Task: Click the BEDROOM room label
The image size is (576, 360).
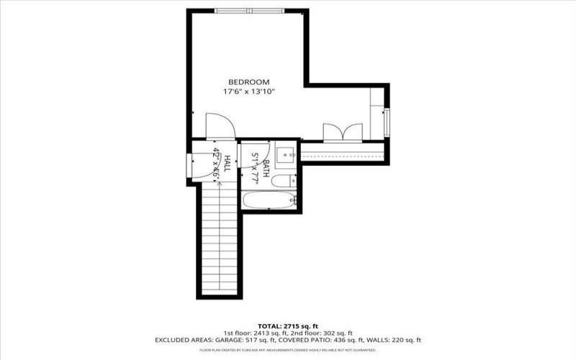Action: pos(248,82)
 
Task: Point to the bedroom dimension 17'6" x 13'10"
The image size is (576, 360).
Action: pos(248,91)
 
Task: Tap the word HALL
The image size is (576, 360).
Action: pos(227,163)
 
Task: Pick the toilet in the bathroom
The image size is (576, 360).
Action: pos(286,180)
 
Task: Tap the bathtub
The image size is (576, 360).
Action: pos(269,201)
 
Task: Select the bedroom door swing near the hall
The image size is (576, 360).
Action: pos(219,126)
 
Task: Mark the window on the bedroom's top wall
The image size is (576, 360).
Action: pos(248,10)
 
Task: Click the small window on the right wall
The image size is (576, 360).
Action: pos(387,120)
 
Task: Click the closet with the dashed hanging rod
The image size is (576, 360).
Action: pos(343,152)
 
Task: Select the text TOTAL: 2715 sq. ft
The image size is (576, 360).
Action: pos(288,325)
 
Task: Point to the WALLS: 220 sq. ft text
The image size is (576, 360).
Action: pos(395,340)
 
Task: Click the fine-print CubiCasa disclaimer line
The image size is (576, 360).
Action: pos(288,350)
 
